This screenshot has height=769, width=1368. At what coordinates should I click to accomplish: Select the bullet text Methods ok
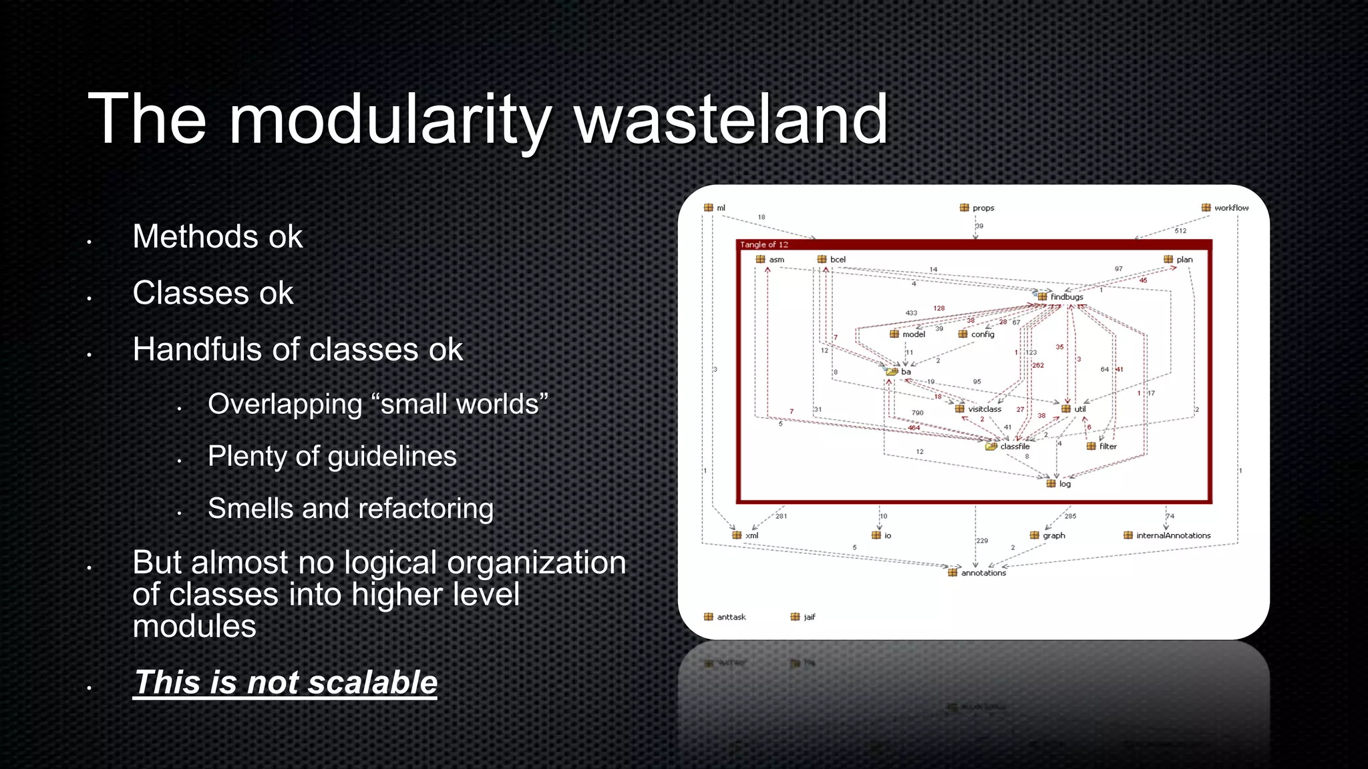217,236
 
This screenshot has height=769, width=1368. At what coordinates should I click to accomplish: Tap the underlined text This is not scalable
285,682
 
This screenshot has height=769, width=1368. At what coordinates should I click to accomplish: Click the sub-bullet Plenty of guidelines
332,457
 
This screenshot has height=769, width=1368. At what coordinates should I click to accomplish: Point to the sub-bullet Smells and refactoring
351,509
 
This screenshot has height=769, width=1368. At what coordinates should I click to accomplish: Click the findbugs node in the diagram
1066,296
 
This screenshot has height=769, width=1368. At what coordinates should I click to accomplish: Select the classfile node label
1015,447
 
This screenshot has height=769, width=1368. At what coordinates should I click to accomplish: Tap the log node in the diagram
1064,484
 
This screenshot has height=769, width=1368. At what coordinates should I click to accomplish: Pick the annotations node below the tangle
983,573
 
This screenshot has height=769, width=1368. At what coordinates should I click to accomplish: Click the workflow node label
1231,208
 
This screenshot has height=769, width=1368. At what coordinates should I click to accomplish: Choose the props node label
983,208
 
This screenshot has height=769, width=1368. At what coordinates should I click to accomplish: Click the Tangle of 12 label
763,244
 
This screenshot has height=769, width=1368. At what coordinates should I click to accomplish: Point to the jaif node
809,617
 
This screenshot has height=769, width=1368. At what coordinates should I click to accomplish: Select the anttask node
731,617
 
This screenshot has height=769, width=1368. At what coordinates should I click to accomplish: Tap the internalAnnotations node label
1173,535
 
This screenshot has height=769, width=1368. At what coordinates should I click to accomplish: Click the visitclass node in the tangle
984,409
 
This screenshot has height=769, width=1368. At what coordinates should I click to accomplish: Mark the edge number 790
918,413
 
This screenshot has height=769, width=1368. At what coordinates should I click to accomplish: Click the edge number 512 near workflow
1181,231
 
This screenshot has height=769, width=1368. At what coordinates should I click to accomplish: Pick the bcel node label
838,260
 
